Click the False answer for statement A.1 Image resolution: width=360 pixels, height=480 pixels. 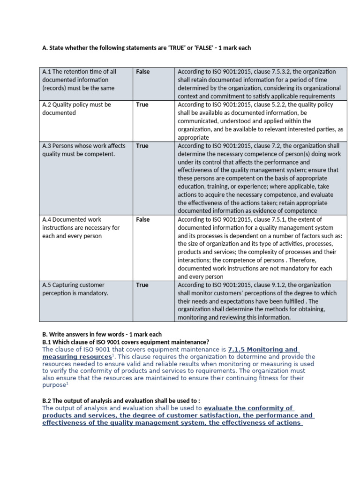point(143,72)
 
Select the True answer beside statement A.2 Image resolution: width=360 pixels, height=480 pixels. point(142,105)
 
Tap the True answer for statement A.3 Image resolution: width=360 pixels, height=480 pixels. point(142,146)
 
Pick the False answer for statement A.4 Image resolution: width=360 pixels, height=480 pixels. point(143,219)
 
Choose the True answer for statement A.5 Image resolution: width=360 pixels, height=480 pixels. point(142,285)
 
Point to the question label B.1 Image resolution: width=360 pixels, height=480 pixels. point(48,342)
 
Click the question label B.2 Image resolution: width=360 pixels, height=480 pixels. point(48,400)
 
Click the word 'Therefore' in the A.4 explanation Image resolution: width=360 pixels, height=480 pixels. point(303,260)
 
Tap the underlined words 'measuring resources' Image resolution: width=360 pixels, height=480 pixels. point(76,357)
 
